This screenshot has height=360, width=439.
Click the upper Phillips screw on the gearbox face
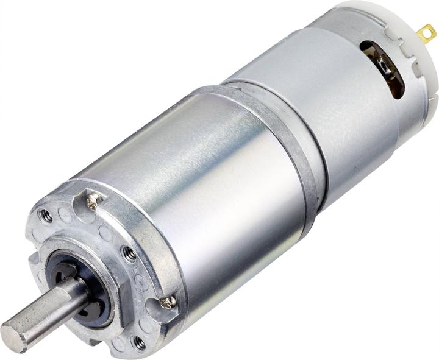[x=93, y=200]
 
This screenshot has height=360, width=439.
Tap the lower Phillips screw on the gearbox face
[x=169, y=301]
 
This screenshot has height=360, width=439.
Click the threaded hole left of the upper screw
[x=44, y=215]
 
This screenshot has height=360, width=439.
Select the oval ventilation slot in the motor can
[x=383, y=67]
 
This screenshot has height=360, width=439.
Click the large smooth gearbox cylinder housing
[x=201, y=183]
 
